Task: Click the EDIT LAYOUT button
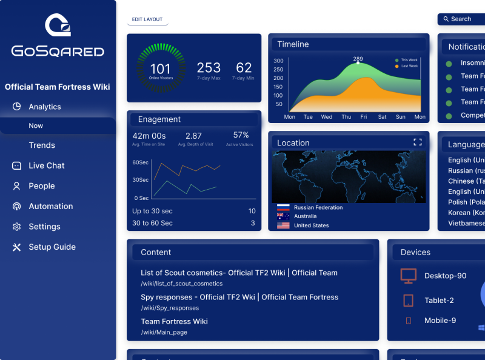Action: [x=147, y=19]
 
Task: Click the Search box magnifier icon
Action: [x=446, y=19]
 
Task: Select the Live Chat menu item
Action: [x=46, y=165]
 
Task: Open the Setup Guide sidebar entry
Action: [x=52, y=247]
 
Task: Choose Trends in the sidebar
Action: [x=42, y=145]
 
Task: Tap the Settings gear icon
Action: [x=16, y=227]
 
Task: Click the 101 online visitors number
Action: [x=161, y=69]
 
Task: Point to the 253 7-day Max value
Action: [x=209, y=68]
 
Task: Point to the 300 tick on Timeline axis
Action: [x=278, y=61]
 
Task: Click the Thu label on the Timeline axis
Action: [x=346, y=117]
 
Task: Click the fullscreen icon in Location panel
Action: [x=417, y=142]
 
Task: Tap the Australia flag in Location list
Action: [x=283, y=216]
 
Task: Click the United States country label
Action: [x=311, y=225]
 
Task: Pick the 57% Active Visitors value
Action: [x=241, y=135]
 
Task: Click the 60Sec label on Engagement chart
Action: [x=141, y=162]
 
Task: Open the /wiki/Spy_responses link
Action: [x=170, y=308]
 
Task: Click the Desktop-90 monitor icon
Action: [x=409, y=276]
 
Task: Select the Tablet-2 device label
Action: [x=439, y=301]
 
